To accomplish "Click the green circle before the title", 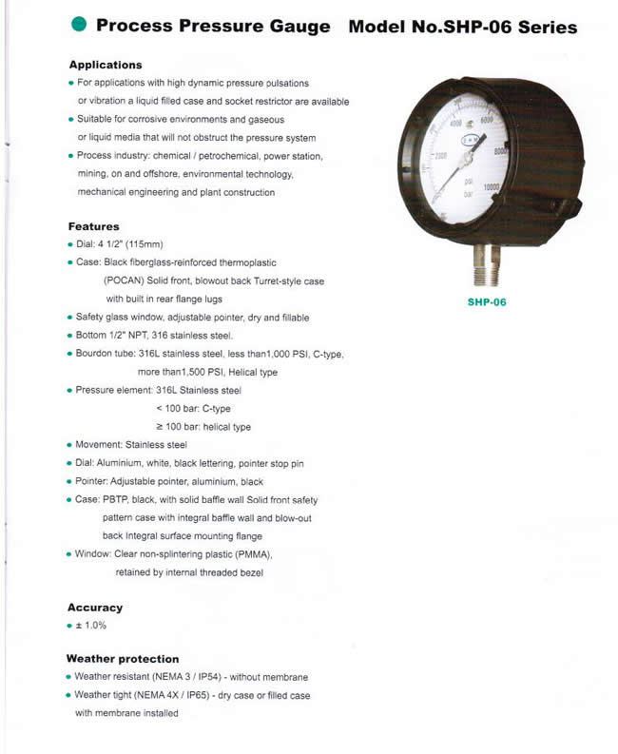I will (x=80, y=26).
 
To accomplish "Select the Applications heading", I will (x=106, y=65).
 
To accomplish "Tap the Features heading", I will (x=93, y=226).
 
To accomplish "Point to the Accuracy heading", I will (x=95, y=607).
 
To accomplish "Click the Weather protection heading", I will (x=123, y=658).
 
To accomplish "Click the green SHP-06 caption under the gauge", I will (x=487, y=301).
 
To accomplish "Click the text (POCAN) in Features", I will (x=126, y=280).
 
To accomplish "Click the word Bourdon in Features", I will (x=96, y=354).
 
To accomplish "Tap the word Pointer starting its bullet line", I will (x=94, y=481).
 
